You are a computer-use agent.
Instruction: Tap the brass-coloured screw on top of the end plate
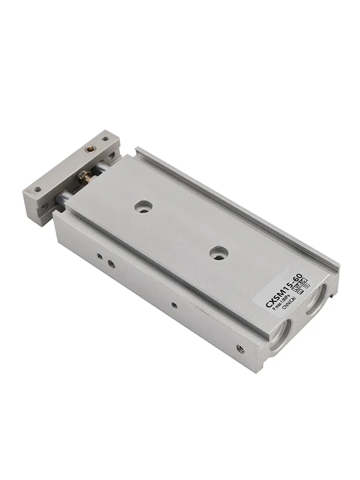pyautogui.click(x=89, y=149)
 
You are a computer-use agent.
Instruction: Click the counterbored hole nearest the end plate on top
pyautogui.click(x=143, y=206)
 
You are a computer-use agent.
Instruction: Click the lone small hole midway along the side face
pyautogui.click(x=174, y=305)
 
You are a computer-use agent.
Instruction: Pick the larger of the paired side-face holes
pyautogui.click(x=111, y=264)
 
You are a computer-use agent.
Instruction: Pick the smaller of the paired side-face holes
pyautogui.click(x=100, y=257)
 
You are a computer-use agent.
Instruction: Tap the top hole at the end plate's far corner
pyautogui.click(x=105, y=139)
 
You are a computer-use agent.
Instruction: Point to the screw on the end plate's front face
pyautogui.click(x=45, y=206)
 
